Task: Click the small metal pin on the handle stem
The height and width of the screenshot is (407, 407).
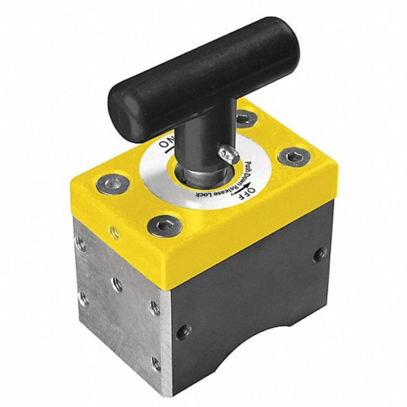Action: (227, 154)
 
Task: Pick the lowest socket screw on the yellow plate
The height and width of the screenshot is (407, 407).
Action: (164, 224)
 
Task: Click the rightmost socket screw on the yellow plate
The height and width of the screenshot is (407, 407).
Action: (289, 156)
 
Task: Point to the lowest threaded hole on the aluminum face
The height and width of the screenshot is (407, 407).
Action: (152, 362)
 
